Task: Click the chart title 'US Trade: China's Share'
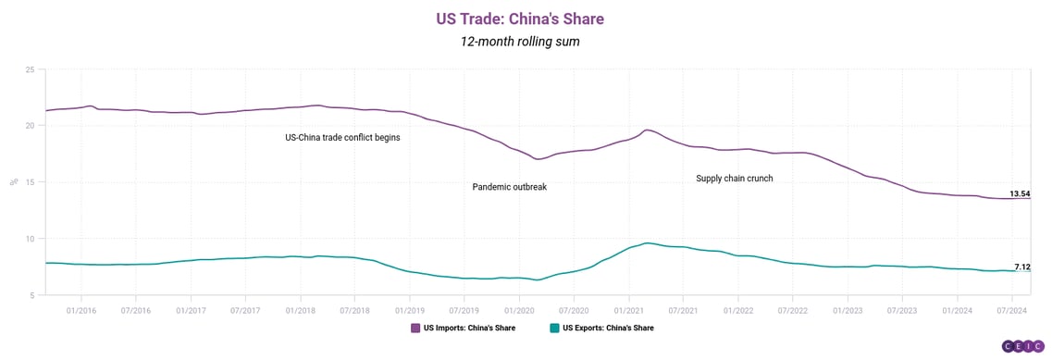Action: pyautogui.click(x=526, y=19)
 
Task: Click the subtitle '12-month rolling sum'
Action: pyautogui.click(x=526, y=43)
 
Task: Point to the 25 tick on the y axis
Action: pyautogui.click(x=30, y=70)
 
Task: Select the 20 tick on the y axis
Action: pyautogui.click(x=30, y=126)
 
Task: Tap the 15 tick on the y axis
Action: pyautogui.click(x=30, y=182)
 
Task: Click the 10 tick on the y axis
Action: pyautogui.click(x=30, y=239)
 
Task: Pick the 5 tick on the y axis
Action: pyautogui.click(x=31, y=295)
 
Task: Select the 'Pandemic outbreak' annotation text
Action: pyautogui.click(x=510, y=187)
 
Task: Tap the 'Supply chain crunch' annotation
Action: pyautogui.click(x=734, y=178)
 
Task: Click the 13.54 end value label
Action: pyautogui.click(x=1020, y=194)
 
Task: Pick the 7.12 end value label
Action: pyautogui.click(x=1022, y=267)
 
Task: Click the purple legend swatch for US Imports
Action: pyautogui.click(x=415, y=328)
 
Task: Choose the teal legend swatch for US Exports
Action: pyautogui.click(x=554, y=328)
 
